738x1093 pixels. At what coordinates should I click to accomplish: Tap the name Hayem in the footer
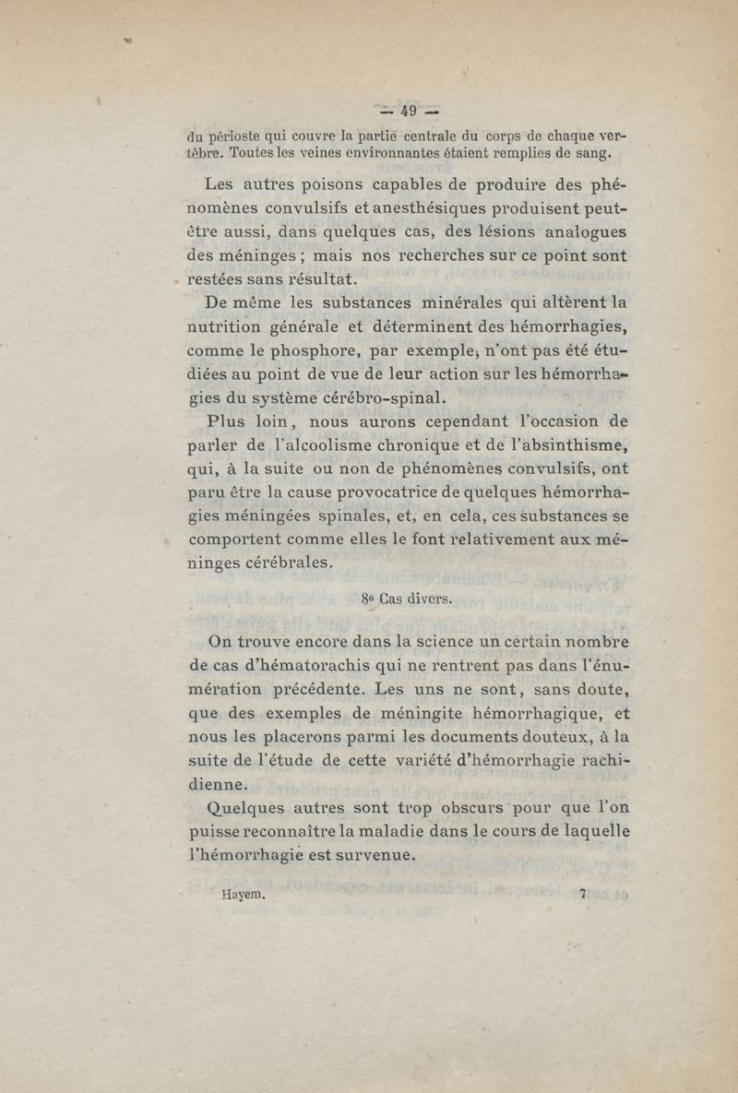click(x=244, y=893)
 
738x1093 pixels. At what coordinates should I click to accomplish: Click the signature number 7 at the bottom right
click(x=583, y=893)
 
